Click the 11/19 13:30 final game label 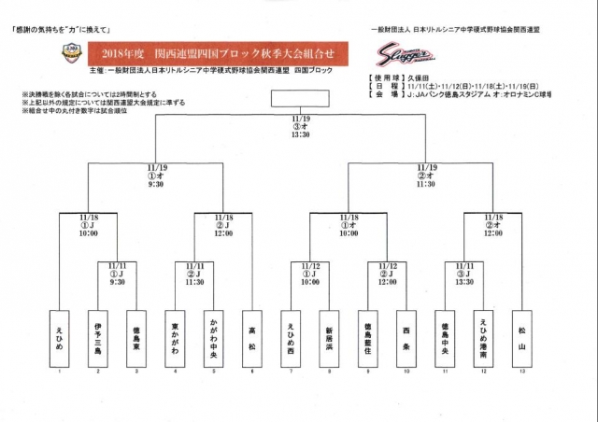coord(300,126)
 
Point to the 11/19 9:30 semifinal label coord(156,176)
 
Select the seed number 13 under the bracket coord(520,371)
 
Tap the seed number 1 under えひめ coord(61,371)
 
